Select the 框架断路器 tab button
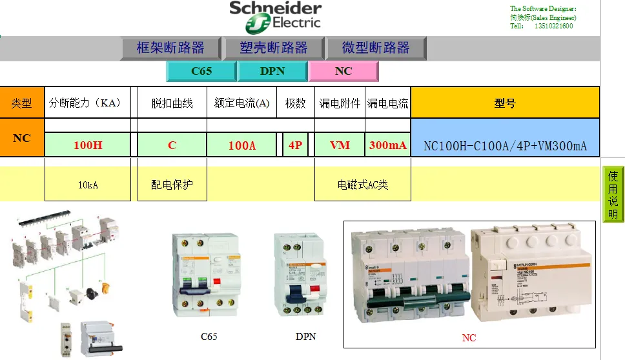pyautogui.click(x=170, y=48)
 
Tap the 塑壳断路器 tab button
pyautogui.click(x=273, y=48)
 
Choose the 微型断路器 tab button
pyautogui.click(x=376, y=48)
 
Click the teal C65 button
pyautogui.click(x=201, y=71)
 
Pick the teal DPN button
pyautogui.click(x=272, y=71)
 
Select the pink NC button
pyautogui.click(x=343, y=71)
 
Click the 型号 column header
pyautogui.click(x=505, y=103)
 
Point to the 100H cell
pyautogui.click(x=88, y=145)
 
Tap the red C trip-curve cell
pyautogui.click(x=172, y=145)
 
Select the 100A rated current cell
pyautogui.click(x=242, y=145)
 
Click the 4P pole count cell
pyautogui.click(x=296, y=145)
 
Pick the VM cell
pyautogui.click(x=340, y=145)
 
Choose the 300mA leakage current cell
pyautogui.click(x=388, y=145)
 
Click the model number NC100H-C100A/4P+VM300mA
pyautogui.click(x=505, y=146)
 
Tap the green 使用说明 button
pyautogui.click(x=613, y=194)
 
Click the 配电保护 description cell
pyautogui.click(x=172, y=185)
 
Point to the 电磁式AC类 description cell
pyautogui.click(x=363, y=185)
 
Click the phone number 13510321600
pyautogui.click(x=554, y=26)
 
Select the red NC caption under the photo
pyautogui.click(x=469, y=337)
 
